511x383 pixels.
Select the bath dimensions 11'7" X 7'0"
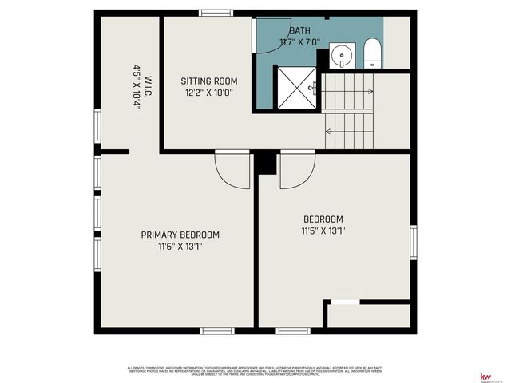pos(299,42)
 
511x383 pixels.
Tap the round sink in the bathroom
pos(342,55)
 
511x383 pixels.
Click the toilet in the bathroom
pos(372,53)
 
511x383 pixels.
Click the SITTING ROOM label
pos(209,81)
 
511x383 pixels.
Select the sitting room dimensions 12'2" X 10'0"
pos(209,93)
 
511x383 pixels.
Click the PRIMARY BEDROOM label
pos(180,235)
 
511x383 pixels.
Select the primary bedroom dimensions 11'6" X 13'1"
pos(180,247)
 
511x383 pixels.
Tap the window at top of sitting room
pos(216,13)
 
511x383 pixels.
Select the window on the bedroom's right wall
pos(413,241)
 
